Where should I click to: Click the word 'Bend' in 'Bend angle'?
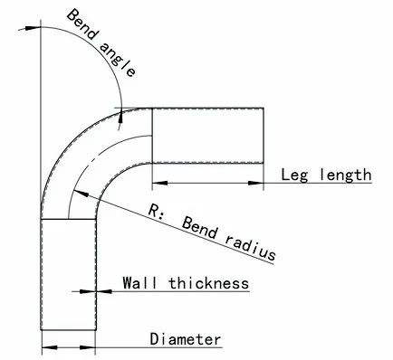[x=82, y=24]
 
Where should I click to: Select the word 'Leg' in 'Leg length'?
[x=294, y=175]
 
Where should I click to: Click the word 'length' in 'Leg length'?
[x=345, y=175]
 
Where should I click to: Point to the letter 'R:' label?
[x=156, y=210]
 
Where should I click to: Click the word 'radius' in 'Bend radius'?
[x=250, y=249]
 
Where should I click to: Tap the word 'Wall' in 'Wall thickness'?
[x=139, y=283]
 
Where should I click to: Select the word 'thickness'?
[x=209, y=283]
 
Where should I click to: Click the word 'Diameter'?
[x=186, y=339]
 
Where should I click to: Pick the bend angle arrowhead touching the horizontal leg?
[x=120, y=116]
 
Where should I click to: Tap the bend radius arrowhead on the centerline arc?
[x=81, y=194]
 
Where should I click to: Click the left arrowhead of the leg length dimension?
[x=160, y=183]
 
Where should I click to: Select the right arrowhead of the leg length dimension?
[x=255, y=183]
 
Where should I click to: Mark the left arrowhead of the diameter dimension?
[x=50, y=347]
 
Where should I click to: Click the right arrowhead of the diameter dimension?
[x=88, y=347]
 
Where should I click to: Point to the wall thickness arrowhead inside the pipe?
[x=87, y=291]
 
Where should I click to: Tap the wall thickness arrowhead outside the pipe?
[x=104, y=291]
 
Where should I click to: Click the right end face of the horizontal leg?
[x=264, y=136]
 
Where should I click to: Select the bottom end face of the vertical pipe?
[x=69, y=330]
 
